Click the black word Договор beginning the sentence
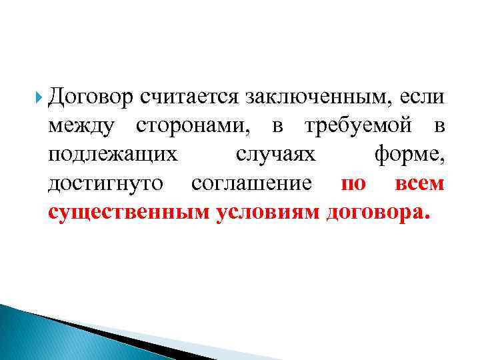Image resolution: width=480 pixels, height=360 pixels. [91, 97]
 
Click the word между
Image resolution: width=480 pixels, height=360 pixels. [85, 127]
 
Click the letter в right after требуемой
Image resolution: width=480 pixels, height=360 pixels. [437, 127]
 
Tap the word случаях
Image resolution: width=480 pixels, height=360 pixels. [275, 155]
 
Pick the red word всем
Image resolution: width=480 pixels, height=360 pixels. [419, 184]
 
